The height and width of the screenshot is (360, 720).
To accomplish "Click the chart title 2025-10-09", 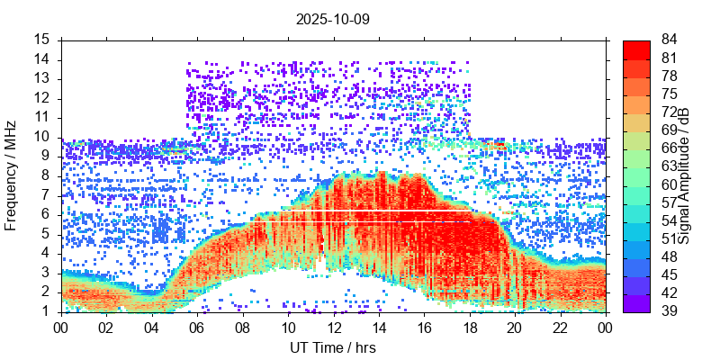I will click(x=333, y=19).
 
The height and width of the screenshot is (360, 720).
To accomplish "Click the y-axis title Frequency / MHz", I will click(x=12, y=176).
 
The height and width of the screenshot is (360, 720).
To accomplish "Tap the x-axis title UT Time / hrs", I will click(x=333, y=347).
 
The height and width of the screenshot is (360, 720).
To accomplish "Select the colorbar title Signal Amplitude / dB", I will click(x=684, y=176).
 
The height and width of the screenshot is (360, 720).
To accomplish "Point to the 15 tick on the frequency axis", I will click(x=42, y=40).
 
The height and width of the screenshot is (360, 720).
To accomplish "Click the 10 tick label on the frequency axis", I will click(x=42, y=137).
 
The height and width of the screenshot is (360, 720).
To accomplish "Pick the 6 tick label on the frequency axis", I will click(x=46, y=214).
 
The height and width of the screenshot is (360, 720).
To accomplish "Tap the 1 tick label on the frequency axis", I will click(x=46, y=311).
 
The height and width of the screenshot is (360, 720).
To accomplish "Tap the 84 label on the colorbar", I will click(x=670, y=40).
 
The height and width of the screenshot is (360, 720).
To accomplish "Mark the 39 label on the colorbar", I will click(x=670, y=311).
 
